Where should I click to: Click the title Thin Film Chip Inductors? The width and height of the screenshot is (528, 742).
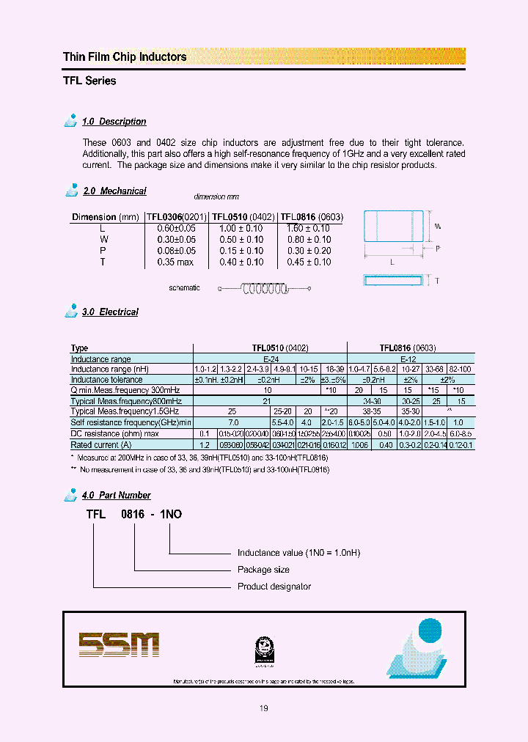pos(125,57)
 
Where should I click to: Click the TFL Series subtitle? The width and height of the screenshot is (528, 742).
pos(89,81)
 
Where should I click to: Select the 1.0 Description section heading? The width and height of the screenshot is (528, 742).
pos(114,122)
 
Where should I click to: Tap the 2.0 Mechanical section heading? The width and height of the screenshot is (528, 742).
pos(114,191)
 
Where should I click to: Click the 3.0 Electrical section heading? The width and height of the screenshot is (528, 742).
pos(110,312)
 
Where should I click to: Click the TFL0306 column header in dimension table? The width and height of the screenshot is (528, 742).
pos(177,217)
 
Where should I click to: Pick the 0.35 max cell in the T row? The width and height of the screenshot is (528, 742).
pos(176,262)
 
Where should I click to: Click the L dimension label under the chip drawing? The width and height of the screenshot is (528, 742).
pos(392,261)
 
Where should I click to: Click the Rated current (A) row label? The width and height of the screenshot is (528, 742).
pos(101,444)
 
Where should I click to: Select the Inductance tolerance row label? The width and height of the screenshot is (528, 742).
pos(107,380)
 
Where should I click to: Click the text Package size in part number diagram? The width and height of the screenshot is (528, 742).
pos(263,570)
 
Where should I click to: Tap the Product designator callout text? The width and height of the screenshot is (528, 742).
pos(274,587)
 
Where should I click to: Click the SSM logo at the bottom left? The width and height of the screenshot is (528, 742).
pos(119,644)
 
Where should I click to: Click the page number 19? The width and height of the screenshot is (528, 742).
pos(263,708)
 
